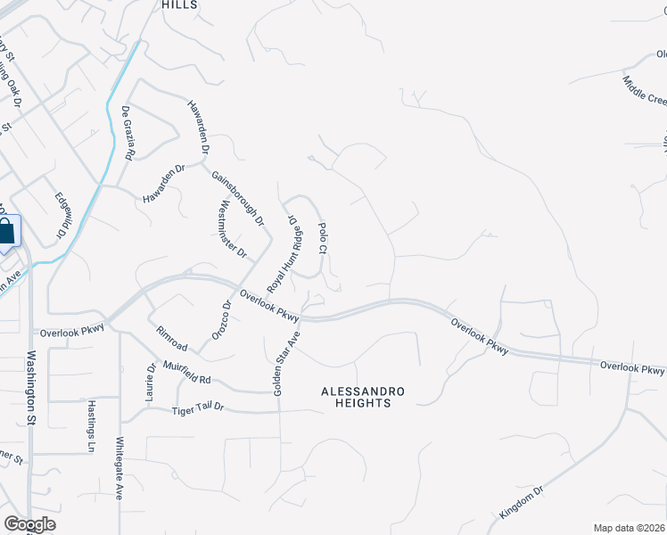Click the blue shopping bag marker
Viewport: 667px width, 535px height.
[6, 233]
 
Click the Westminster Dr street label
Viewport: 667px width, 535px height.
[232, 229]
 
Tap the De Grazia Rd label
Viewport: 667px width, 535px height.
[128, 134]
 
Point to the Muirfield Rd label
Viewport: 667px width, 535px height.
[186, 373]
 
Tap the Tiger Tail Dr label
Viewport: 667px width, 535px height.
[197, 407]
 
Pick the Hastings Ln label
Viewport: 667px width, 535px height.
[91, 425]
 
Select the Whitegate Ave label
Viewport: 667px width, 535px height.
[119, 467]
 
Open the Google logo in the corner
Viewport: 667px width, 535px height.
[29, 524]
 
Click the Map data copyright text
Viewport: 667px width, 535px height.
[629, 528]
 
